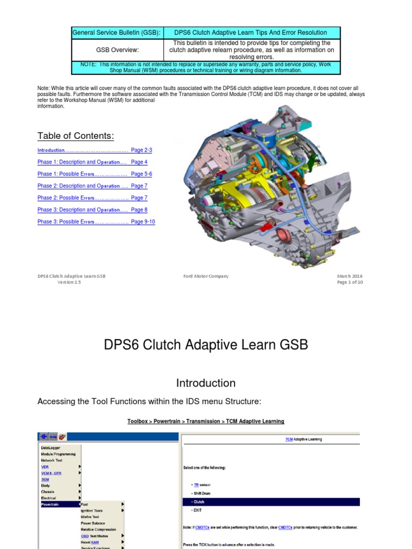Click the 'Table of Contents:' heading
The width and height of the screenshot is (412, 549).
pyautogui.click(x=76, y=135)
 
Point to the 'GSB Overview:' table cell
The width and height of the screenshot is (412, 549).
pyautogui.click(x=117, y=50)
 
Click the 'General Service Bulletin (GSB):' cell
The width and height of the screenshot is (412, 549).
pyautogui.click(x=116, y=33)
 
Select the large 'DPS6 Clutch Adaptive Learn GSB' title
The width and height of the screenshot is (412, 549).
pyautogui.click(x=206, y=345)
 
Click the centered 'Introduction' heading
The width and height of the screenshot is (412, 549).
pyautogui.click(x=206, y=383)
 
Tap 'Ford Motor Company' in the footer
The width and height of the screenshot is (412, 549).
pyautogui.click(x=206, y=276)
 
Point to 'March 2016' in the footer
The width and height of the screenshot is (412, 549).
pyautogui.click(x=350, y=276)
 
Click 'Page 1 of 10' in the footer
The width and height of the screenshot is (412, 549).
pyautogui.click(x=350, y=283)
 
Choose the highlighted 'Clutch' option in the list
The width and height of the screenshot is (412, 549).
pyautogui.click(x=199, y=502)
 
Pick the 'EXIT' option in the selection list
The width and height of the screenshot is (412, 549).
pyautogui.click(x=198, y=510)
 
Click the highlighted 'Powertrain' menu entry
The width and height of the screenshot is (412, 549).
pyautogui.click(x=51, y=504)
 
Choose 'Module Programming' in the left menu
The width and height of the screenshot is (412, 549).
pyautogui.click(x=58, y=454)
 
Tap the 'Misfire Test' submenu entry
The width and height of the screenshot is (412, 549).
pyautogui.click(x=90, y=517)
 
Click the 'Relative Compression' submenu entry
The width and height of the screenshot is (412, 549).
pyautogui.click(x=98, y=529)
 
